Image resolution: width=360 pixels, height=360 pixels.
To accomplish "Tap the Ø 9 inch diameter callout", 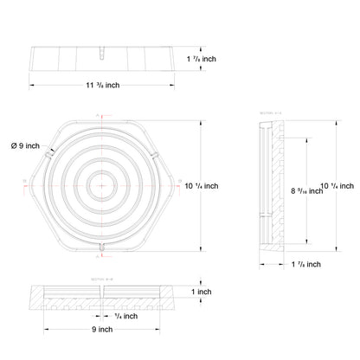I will coord(26,145).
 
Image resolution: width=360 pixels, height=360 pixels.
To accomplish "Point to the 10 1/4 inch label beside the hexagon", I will coord(202,185).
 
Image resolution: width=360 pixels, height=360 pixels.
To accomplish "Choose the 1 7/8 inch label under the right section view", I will coord(305,264).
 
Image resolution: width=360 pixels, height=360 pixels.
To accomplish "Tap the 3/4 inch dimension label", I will coord(125,316).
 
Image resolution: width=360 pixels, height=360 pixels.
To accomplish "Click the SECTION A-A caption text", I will coord(270,112).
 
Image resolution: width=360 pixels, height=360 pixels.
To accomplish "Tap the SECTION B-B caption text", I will coord(101,280).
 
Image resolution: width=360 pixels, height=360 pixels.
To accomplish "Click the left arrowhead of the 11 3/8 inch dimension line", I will coord(33,85).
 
